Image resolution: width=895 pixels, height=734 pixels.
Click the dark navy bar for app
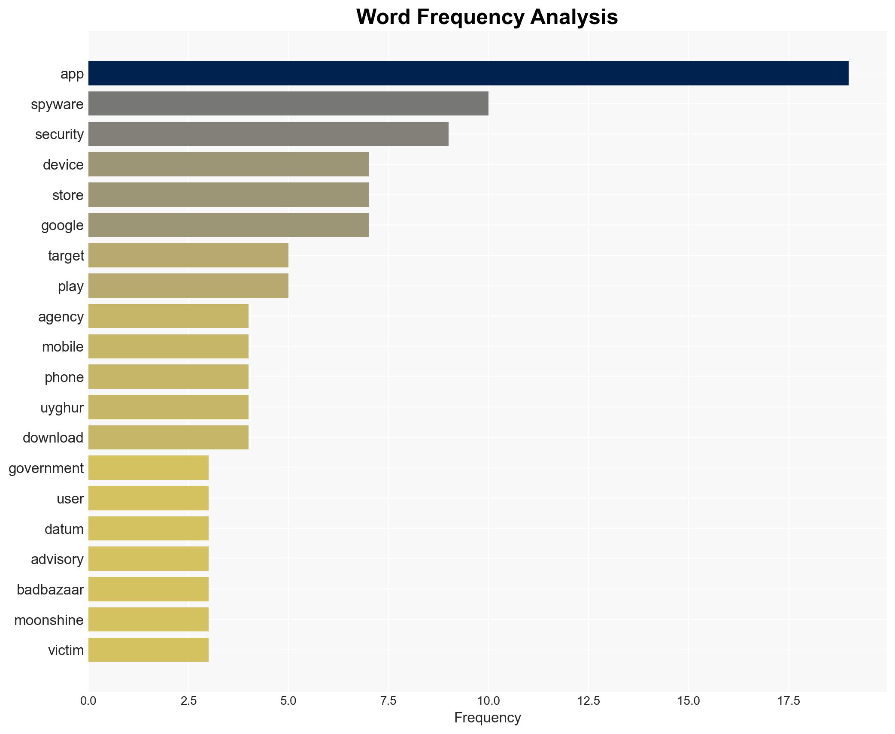tap(468, 73)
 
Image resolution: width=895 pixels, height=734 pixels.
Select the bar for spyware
tap(288, 103)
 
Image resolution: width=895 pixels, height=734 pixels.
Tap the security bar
tap(268, 134)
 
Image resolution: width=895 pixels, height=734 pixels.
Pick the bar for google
tap(228, 225)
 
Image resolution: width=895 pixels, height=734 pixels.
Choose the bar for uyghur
tap(168, 407)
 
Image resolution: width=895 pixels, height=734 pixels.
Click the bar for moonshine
tap(149, 619)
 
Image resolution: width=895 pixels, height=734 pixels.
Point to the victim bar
tap(149, 650)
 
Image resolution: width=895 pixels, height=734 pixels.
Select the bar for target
tap(188, 255)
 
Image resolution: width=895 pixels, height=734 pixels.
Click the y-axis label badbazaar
tap(50, 590)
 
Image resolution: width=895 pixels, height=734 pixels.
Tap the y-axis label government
tap(46, 468)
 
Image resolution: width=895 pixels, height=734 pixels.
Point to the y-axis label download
tap(53, 438)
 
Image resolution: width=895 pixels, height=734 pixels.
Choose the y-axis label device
tap(63, 165)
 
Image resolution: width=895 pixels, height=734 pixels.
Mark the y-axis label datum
tap(64, 529)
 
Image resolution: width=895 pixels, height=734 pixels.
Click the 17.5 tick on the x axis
tap(789, 701)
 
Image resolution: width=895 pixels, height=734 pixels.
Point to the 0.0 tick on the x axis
tap(88, 701)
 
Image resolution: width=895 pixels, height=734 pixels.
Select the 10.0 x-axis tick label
tap(488, 701)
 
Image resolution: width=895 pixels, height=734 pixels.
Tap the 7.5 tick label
tap(388, 701)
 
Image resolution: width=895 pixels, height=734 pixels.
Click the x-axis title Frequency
tap(487, 718)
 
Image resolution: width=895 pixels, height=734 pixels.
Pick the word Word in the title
tap(383, 17)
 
